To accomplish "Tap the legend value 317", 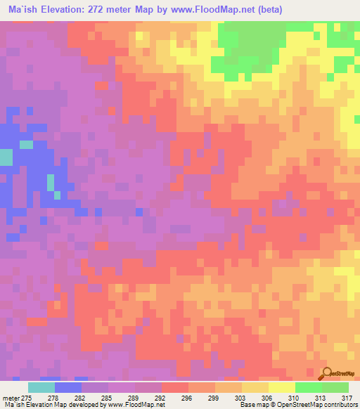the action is [347, 397].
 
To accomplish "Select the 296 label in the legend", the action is [186, 397].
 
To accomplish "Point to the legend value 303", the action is [240, 397].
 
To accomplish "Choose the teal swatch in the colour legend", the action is [41, 387].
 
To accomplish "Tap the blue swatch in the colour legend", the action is [68, 387].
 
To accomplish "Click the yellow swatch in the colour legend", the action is [281, 387].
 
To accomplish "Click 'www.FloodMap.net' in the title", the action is [213, 10].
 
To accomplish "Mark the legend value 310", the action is [293, 397].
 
